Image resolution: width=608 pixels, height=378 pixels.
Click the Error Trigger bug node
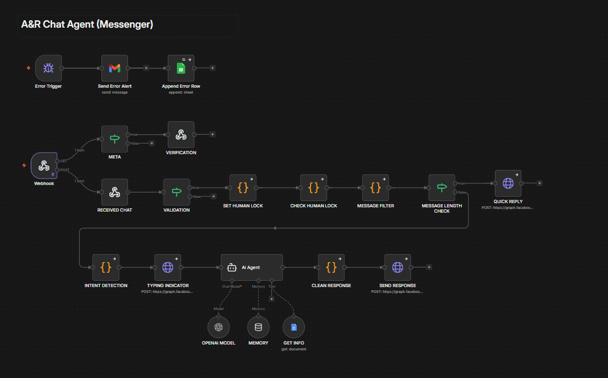pos(48,68)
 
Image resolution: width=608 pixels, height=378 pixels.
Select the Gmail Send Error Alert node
pos(115,68)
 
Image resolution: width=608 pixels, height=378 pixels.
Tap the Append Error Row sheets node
pos(181,68)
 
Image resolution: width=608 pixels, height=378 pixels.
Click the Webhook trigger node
pos(44,165)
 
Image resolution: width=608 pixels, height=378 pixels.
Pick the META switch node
pos(115,139)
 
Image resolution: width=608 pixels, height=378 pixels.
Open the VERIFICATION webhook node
pos(181,135)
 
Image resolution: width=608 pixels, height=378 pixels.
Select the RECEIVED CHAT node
pos(115,192)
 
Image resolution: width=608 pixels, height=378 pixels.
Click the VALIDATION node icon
pos(177,192)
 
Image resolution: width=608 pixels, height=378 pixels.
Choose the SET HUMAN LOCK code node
pos(243,188)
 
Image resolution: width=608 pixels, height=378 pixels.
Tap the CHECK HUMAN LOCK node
pos(314,188)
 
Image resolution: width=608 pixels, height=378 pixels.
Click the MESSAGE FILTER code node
pos(375,188)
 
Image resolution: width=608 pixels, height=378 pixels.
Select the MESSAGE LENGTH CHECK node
pos(442,188)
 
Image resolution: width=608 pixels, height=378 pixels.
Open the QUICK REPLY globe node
pos(508,183)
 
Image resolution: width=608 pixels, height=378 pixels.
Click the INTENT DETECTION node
pos(106,267)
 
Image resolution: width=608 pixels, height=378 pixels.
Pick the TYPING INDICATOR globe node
pos(168,267)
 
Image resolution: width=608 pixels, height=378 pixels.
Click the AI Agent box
pos(252,267)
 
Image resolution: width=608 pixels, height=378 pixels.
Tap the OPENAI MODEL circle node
pos(218,327)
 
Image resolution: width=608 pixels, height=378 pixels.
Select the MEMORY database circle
pos(258,327)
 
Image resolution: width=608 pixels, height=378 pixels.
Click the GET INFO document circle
pos(294,327)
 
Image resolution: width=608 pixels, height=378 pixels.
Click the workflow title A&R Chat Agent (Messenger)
pos(88,24)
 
